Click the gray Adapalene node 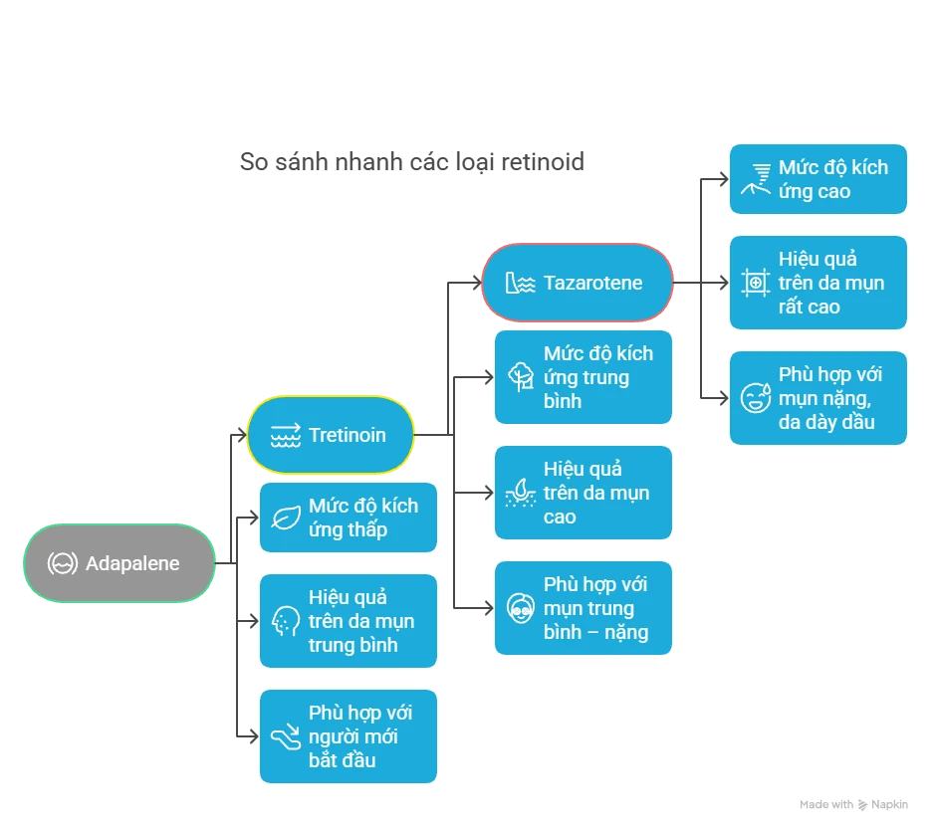pos(119,563)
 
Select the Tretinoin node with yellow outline pos(331,435)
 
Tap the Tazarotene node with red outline pos(578,283)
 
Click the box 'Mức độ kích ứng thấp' pos(349,518)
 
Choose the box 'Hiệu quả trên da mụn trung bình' pos(349,621)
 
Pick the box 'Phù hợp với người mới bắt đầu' pos(349,736)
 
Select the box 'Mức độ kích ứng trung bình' pos(583,377)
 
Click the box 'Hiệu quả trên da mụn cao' pos(583,493)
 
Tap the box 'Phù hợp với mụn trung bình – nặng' pos(583,608)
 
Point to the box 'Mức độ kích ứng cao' pos(818,179)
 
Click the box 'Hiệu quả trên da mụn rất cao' pos(818,283)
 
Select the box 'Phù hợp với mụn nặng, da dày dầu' pos(818,398)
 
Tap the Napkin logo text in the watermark pos(889,805)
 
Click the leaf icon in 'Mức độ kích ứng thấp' pos(286,518)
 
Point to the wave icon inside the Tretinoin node pos(286,436)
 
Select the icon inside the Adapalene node pos(63,563)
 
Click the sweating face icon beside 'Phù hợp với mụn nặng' pos(756,397)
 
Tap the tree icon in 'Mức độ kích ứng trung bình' pos(521,377)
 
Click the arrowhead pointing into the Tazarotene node pos(477,283)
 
